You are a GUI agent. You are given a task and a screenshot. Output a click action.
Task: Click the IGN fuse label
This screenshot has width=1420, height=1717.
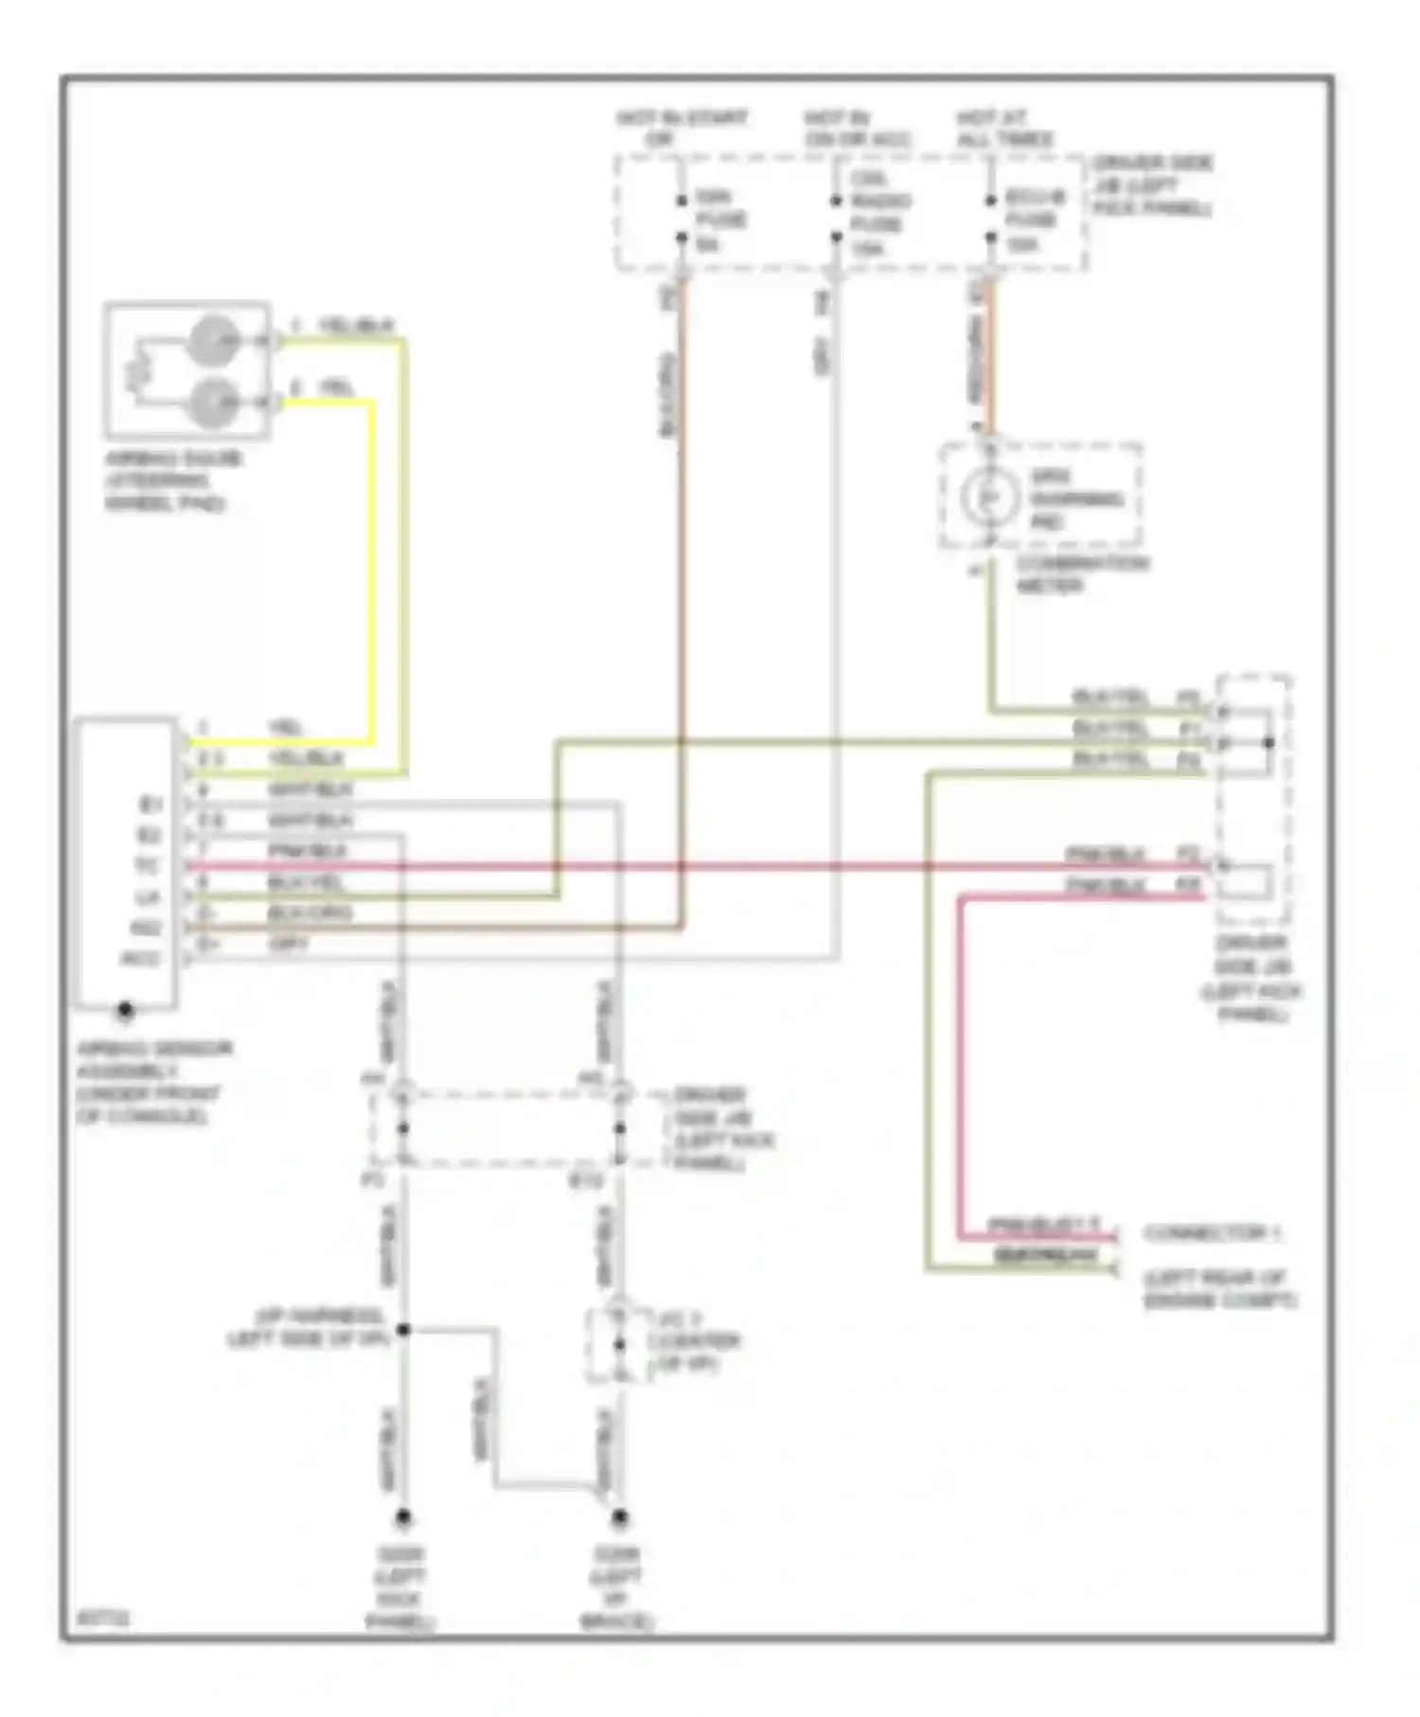720,221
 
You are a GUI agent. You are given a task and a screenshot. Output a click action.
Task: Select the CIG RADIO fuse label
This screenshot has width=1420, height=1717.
879,214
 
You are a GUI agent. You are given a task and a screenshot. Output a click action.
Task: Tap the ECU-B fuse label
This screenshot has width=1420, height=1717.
1034,221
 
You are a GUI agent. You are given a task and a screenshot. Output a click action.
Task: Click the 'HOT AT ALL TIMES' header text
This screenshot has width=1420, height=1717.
1004,129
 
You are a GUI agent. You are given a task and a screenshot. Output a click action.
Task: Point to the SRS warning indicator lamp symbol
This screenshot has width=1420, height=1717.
985,496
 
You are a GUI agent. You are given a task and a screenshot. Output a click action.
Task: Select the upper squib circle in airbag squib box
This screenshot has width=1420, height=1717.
213,340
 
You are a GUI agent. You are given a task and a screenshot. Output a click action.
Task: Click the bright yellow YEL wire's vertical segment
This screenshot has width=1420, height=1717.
372,568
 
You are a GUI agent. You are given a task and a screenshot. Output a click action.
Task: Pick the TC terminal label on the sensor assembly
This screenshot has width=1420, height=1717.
147,866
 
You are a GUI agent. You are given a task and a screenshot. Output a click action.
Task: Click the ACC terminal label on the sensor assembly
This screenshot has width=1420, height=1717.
141,959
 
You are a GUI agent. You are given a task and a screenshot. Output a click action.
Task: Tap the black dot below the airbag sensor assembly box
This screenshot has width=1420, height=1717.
125,1011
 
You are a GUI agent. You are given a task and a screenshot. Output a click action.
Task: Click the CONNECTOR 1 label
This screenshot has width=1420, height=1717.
1212,1233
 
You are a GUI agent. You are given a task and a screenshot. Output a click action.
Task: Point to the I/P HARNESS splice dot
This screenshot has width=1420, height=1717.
403,1330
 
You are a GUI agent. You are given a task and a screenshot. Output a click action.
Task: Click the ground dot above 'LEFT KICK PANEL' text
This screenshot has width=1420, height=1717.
403,1518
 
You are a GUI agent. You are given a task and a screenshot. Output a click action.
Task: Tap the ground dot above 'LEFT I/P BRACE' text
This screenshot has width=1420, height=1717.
619,1518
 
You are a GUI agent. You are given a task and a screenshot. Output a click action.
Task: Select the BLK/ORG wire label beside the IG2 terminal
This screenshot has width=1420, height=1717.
309,913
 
